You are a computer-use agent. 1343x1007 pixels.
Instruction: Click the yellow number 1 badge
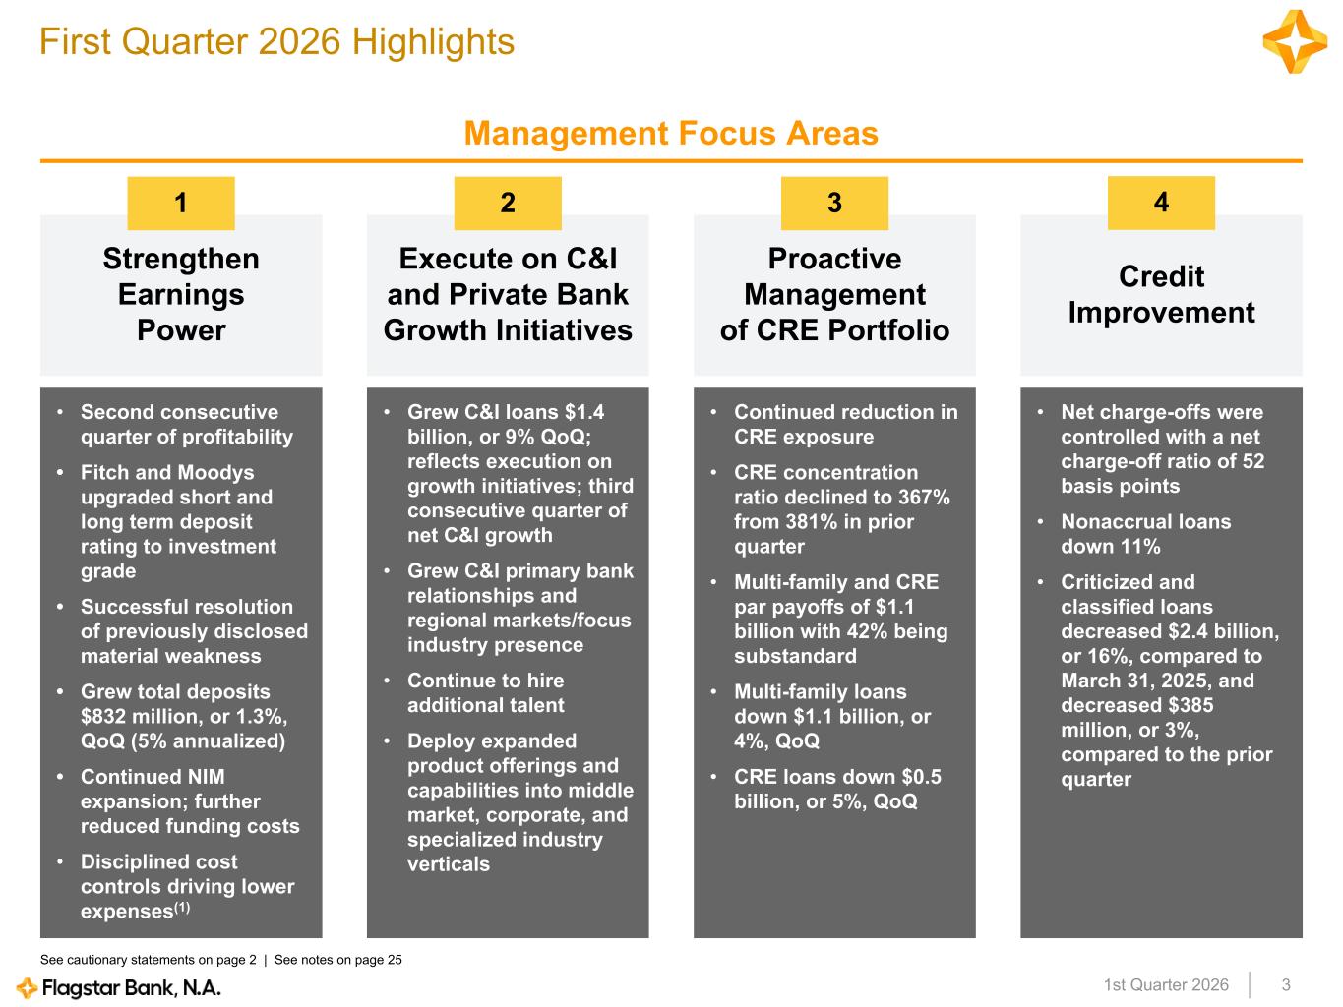click(181, 203)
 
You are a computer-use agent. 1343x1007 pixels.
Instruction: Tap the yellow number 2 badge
click(508, 203)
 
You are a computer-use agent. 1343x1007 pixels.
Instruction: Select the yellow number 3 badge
click(834, 203)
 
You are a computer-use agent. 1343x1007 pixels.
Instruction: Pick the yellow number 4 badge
click(1161, 203)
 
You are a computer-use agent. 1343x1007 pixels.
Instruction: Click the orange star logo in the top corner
click(1295, 42)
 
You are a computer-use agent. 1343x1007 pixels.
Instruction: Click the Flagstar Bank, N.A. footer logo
click(119, 987)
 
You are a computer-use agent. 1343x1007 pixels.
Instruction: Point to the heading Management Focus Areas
click(671, 133)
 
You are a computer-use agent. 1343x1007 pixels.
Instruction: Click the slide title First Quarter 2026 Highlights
click(276, 42)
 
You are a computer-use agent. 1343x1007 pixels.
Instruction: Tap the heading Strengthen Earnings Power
click(181, 294)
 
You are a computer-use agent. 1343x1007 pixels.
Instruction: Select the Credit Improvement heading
click(1161, 294)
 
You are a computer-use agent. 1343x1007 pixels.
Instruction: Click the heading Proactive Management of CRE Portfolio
click(834, 294)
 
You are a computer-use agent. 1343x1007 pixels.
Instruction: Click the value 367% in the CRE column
click(925, 498)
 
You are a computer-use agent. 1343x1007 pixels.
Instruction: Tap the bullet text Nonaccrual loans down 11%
click(1145, 534)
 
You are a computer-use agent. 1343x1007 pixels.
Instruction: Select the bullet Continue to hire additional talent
click(485, 692)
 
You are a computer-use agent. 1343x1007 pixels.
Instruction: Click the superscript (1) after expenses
click(182, 908)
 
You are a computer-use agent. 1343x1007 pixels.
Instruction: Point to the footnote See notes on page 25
click(337, 960)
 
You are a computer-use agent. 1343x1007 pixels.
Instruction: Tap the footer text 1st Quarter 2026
click(1166, 985)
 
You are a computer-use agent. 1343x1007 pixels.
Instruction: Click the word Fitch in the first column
click(104, 473)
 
